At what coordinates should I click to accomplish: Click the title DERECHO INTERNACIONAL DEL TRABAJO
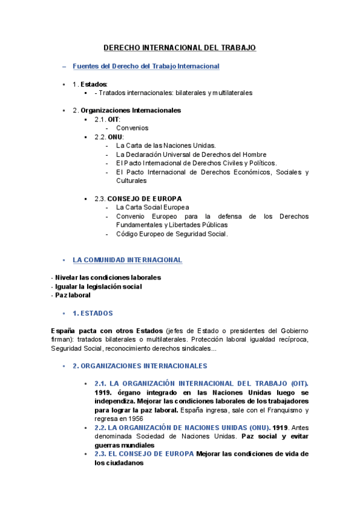click(x=180, y=48)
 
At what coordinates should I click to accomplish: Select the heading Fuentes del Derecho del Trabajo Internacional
click(x=145, y=66)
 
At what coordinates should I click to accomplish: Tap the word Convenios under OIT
click(x=132, y=128)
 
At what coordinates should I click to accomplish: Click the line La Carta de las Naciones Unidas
click(x=166, y=146)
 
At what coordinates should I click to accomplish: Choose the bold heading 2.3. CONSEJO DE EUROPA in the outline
click(x=138, y=198)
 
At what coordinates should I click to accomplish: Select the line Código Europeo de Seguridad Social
click(x=172, y=234)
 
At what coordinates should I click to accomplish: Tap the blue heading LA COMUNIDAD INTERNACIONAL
click(x=127, y=260)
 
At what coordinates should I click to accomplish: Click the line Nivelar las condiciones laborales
click(x=107, y=278)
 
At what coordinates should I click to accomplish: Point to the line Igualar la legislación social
click(x=97, y=287)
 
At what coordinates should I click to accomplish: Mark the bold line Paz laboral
click(x=72, y=295)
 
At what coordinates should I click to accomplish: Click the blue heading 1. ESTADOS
click(x=93, y=313)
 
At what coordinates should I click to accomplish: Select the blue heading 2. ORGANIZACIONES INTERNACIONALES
click(x=139, y=366)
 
